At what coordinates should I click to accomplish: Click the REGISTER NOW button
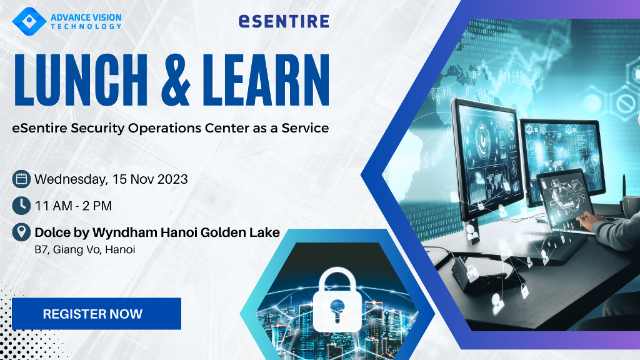96,314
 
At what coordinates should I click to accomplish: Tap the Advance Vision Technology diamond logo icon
29,21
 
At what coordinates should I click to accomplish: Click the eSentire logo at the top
284,21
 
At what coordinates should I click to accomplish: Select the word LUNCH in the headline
81,79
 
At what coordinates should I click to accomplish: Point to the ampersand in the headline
176,80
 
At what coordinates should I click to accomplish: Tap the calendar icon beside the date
21,179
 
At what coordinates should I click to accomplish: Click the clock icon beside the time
21,206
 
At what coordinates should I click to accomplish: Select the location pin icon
21,232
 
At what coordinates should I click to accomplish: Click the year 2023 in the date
172,179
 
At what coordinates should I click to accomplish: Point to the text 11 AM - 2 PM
73,206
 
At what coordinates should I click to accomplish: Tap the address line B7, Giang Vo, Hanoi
85,249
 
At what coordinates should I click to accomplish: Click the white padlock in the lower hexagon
337,299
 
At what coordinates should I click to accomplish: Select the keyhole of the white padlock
337,310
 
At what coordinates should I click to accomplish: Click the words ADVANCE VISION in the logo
86,17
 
